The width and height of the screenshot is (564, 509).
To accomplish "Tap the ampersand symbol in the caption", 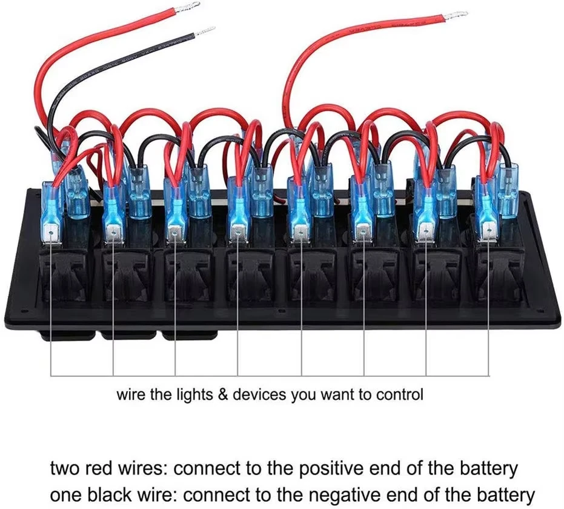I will (x=222, y=395).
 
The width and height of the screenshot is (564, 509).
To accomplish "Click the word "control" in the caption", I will (x=400, y=395).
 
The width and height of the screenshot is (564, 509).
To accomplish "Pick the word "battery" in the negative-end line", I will (x=508, y=493).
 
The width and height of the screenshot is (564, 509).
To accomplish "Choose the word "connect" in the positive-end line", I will (x=210, y=469).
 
